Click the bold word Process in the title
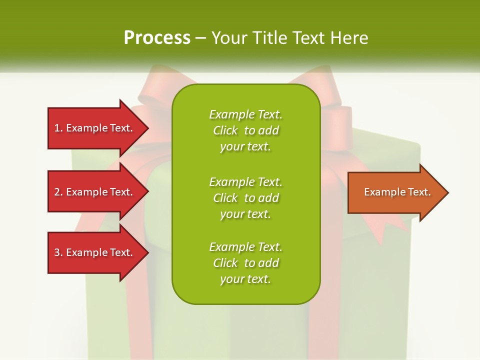(x=157, y=37)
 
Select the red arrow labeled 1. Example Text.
(x=95, y=128)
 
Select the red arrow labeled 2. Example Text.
(x=95, y=192)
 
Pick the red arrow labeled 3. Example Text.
(x=95, y=252)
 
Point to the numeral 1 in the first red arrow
(x=57, y=128)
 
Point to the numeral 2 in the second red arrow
(x=57, y=192)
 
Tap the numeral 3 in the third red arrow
(x=57, y=252)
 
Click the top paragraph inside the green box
(x=245, y=130)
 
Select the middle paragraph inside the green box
(x=245, y=197)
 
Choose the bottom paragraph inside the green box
(x=245, y=263)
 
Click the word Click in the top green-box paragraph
(x=225, y=130)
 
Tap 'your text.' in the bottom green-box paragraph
(x=245, y=279)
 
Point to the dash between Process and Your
(x=200, y=38)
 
